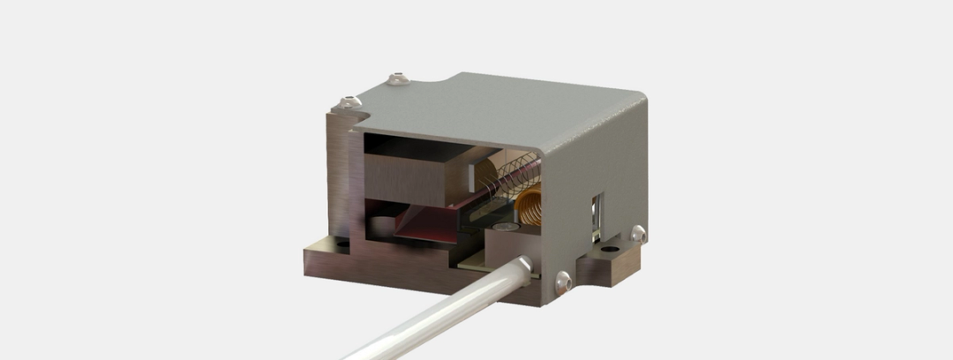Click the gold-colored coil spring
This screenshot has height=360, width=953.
(x=530, y=205)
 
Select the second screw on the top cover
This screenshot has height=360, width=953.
(x=399, y=78)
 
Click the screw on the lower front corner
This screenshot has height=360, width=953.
(x=563, y=281)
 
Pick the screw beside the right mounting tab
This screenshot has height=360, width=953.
(x=637, y=234)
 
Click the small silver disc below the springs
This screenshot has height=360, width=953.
(x=506, y=228)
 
